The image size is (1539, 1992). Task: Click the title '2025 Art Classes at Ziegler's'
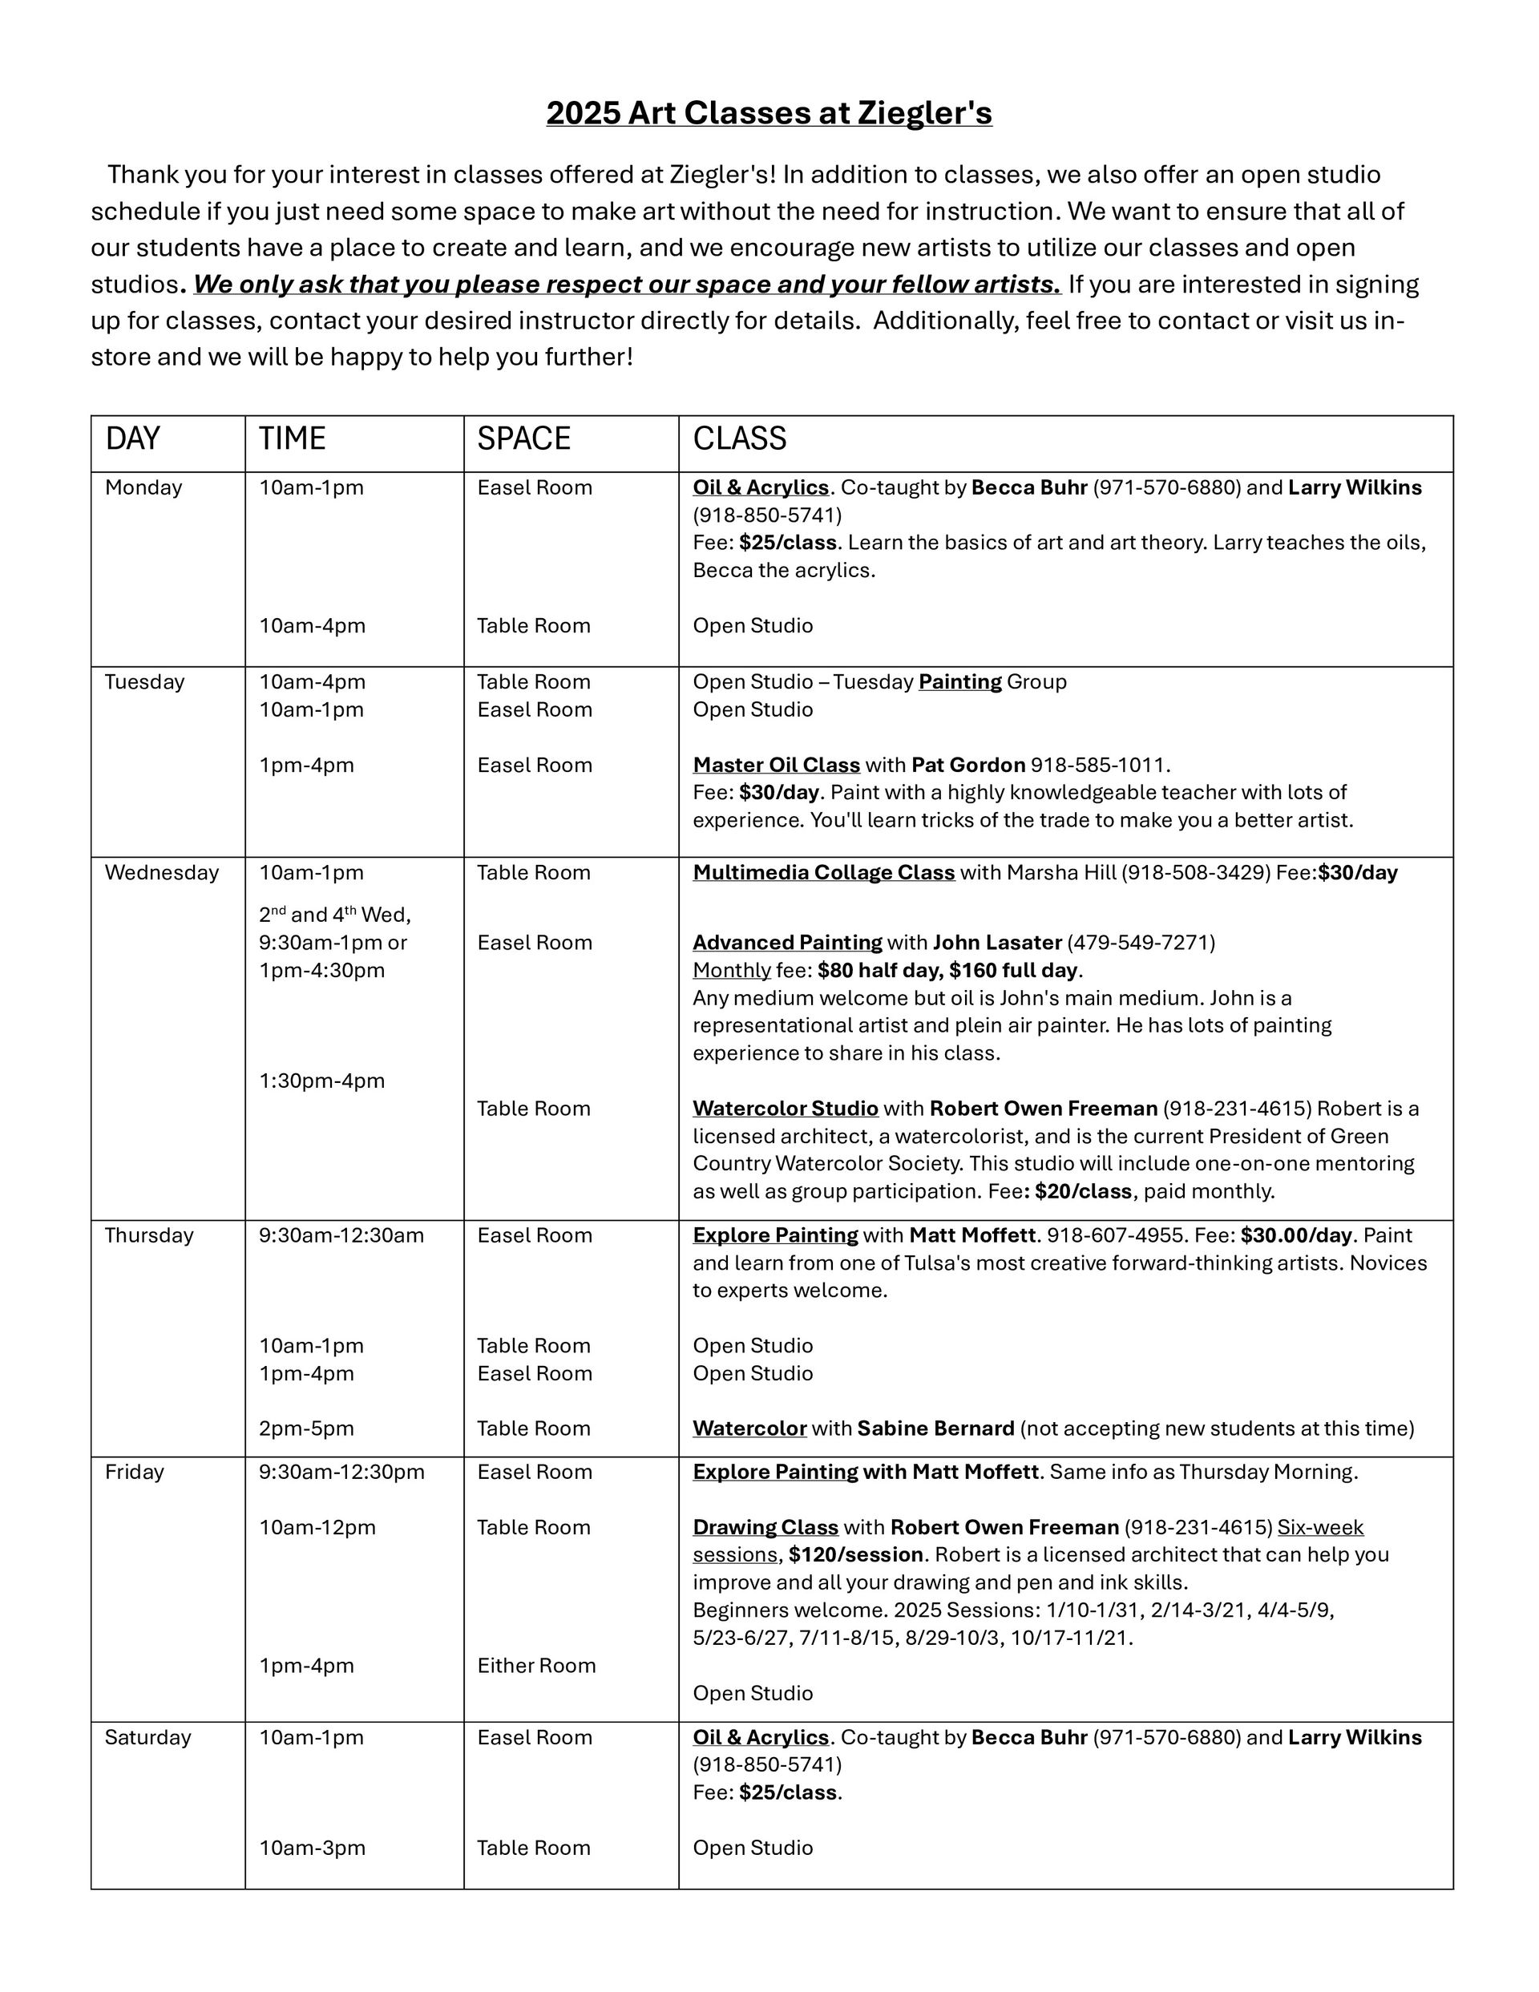[768, 113]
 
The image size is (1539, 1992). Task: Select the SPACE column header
[523, 438]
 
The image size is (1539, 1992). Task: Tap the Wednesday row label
[161, 873]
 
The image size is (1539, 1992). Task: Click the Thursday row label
[149, 1235]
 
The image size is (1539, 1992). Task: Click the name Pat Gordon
[968, 766]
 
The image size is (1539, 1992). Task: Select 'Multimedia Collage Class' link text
[823, 873]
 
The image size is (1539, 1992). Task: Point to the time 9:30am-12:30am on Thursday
[341, 1235]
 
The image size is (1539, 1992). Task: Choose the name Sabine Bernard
[935, 1428]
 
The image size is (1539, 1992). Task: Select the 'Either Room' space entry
[535, 1666]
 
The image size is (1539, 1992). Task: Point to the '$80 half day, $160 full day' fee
[949, 970]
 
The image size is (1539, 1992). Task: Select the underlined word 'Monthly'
[731, 970]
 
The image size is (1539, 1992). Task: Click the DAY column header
[132, 438]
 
